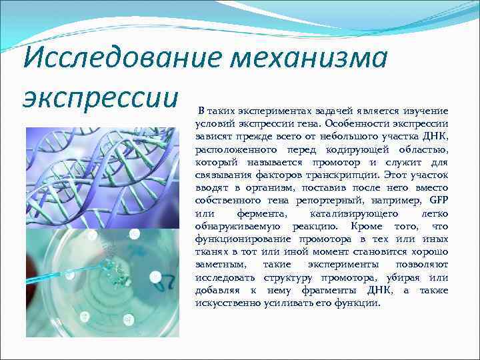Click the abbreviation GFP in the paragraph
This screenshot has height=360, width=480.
pyautogui.click(x=438, y=201)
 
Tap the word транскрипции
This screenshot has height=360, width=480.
pyautogui.click(x=344, y=175)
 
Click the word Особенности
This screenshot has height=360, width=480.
pyautogui.click(x=350, y=124)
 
